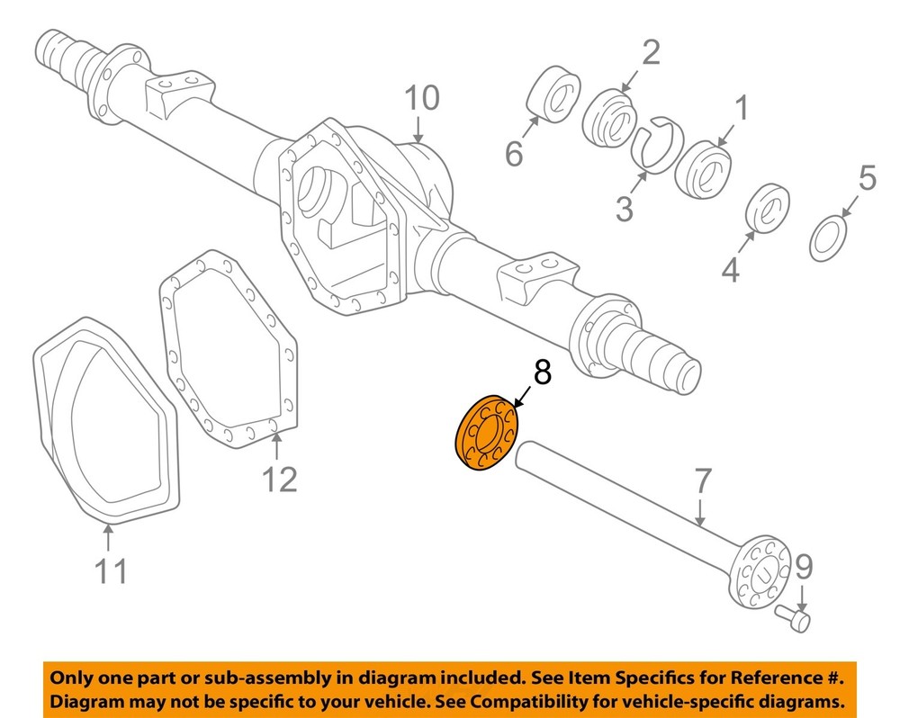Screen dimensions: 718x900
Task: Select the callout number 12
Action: coord(280,479)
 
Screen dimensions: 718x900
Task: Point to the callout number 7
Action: coord(703,483)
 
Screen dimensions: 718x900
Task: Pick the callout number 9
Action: coord(804,568)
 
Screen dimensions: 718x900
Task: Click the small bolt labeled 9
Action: coord(793,618)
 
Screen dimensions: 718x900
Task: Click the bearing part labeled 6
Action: coord(552,93)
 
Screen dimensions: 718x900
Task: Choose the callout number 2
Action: coord(650,53)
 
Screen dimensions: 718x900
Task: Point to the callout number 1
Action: coord(742,111)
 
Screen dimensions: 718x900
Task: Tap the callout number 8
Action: coord(541,372)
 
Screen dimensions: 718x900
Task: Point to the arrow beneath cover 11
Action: coord(108,537)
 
